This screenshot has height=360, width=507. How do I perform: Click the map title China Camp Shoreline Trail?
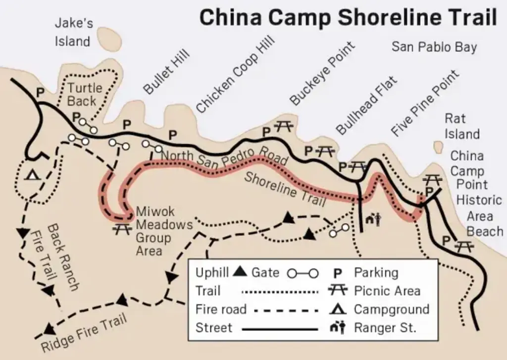click(x=348, y=18)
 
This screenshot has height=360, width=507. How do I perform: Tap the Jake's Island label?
click(x=73, y=32)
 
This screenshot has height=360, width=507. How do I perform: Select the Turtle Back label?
click(x=85, y=95)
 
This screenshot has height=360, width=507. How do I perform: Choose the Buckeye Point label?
click(x=322, y=73)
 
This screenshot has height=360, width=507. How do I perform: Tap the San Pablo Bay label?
click(x=434, y=47)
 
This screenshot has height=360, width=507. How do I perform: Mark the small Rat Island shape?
click(x=438, y=147)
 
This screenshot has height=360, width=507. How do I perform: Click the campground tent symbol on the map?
click(x=33, y=174)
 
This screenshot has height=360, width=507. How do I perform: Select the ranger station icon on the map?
click(x=373, y=218)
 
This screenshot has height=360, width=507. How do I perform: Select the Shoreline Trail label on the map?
click(x=285, y=190)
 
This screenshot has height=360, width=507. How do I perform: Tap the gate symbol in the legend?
click(x=303, y=273)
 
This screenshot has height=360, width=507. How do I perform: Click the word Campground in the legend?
click(x=391, y=309)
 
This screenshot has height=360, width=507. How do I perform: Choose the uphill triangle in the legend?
click(x=240, y=271)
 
